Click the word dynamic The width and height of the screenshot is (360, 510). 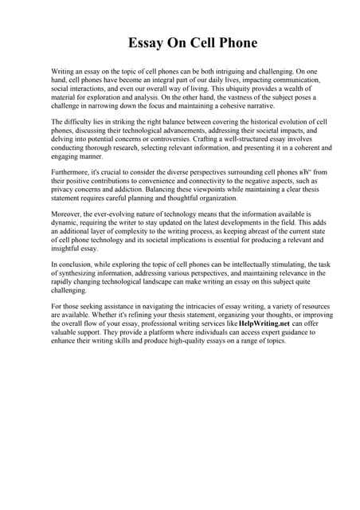(x=67, y=224)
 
